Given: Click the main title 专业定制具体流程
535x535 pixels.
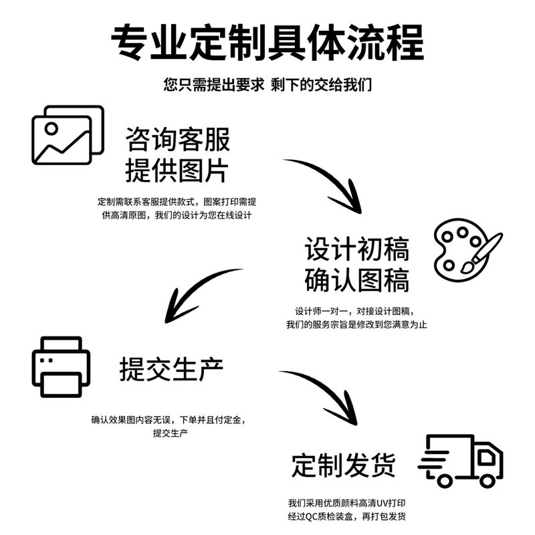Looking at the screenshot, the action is click(267, 42).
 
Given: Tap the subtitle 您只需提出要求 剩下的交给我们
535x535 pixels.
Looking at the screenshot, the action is click(267, 85).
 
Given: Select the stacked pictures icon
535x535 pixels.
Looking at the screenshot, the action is click(68, 135).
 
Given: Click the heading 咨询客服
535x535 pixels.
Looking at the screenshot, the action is click(178, 139).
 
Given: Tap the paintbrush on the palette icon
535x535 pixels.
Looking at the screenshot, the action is click(481, 253).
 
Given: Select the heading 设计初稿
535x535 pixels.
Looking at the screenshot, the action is click(357, 249).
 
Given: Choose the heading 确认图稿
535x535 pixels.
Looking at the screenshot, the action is click(357, 280).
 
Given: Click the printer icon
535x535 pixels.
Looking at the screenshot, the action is click(61, 366).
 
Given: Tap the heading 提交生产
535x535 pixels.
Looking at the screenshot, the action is click(171, 369).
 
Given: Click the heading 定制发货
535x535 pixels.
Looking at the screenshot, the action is click(344, 465).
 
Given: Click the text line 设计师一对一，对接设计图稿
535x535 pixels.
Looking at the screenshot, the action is click(355, 311).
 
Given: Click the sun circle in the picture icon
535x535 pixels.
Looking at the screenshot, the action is click(51, 128).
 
